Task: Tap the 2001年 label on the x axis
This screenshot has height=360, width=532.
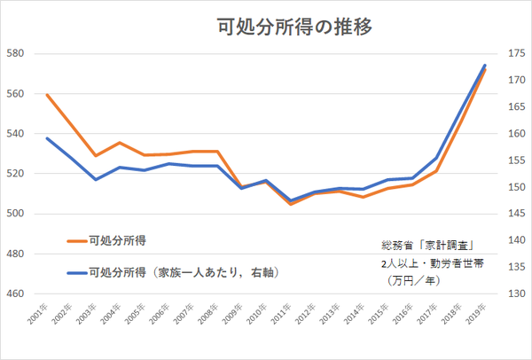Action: (x=39, y=316)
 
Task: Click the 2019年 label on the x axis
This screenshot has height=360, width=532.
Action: (x=477, y=316)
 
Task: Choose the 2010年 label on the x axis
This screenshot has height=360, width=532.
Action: (x=258, y=316)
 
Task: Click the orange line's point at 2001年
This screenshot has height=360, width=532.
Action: (x=47, y=95)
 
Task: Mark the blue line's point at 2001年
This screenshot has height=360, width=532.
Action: (x=47, y=138)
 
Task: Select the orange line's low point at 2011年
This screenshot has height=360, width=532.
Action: (x=291, y=205)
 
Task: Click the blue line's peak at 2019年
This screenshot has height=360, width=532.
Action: (x=485, y=65)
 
